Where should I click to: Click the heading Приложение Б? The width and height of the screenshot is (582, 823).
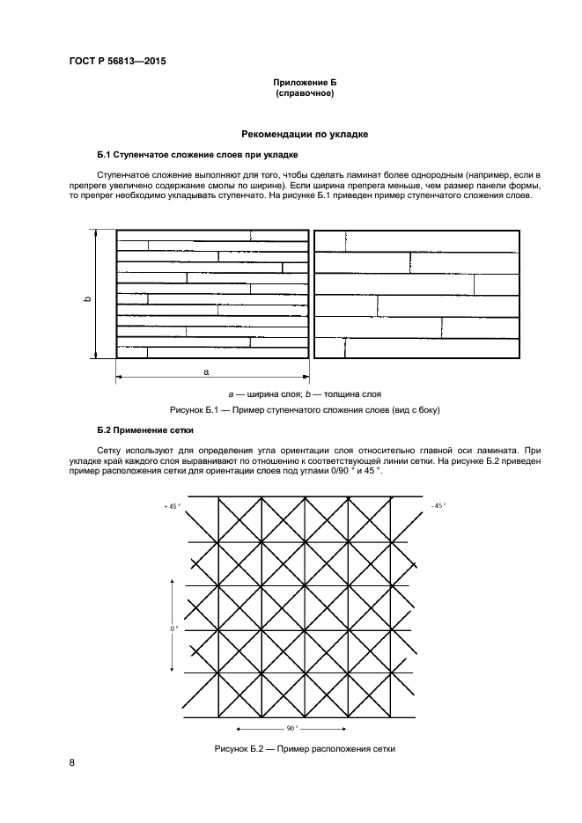[305, 81]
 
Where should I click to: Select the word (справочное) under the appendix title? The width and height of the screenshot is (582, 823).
[305, 92]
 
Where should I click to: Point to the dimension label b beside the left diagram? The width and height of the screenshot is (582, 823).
[86, 299]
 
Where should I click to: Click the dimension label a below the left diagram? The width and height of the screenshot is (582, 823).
[206, 372]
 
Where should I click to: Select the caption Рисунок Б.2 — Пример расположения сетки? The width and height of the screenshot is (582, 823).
[305, 749]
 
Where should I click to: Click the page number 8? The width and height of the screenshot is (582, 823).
[72, 762]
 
